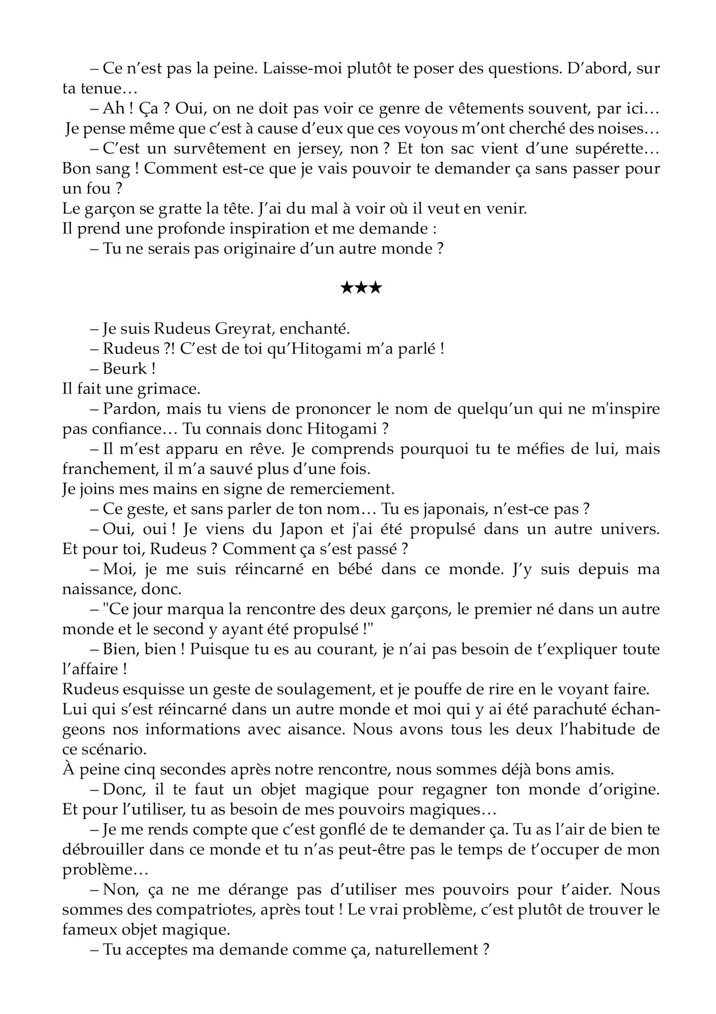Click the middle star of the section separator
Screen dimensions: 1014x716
361,289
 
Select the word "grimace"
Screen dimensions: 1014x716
167,389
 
